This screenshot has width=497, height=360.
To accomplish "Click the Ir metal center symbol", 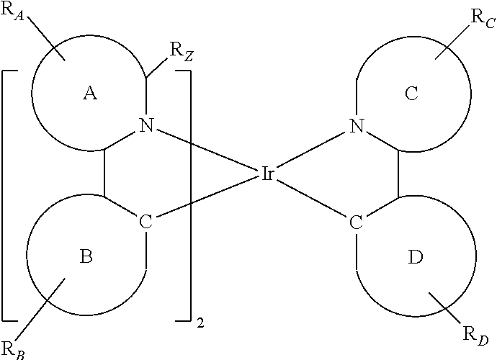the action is (267, 174).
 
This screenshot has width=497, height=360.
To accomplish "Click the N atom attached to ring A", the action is (146, 125).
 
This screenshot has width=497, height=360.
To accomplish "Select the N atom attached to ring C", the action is (357, 125).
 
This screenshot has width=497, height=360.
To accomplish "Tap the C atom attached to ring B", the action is (145, 221).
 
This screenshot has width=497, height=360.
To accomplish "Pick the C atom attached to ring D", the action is (356, 222).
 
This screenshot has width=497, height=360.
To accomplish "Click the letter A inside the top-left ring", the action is (90, 94).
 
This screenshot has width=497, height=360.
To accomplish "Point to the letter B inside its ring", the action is (86, 256).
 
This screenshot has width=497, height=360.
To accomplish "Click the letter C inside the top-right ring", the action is (411, 94).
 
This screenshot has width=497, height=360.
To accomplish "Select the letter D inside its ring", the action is (415, 257).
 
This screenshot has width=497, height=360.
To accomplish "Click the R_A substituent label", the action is (13, 12).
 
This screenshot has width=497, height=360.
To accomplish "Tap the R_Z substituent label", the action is (182, 51).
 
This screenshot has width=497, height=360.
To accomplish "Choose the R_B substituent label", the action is (13, 350).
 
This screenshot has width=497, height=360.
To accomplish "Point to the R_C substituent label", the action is (483, 19).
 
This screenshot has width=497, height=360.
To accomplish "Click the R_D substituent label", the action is (475, 336).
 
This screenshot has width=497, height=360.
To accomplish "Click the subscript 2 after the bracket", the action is (200, 323).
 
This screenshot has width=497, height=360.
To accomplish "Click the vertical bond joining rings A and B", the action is (104, 173).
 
